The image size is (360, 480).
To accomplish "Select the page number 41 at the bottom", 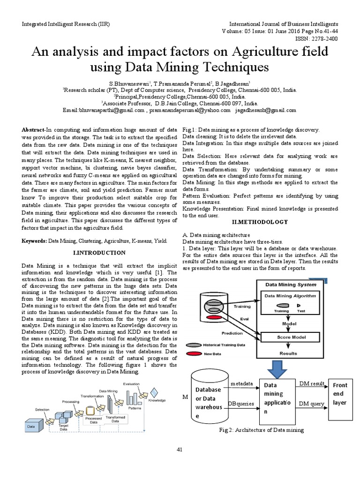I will pos(179,450).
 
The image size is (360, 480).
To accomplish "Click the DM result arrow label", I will pos(312,384).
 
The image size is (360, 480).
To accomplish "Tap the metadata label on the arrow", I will pos(242,383).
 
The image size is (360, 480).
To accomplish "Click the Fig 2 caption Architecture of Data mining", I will pos(261,430).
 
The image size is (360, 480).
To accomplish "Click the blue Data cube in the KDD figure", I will pos(35,425).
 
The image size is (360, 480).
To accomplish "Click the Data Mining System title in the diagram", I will pos(291,285).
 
